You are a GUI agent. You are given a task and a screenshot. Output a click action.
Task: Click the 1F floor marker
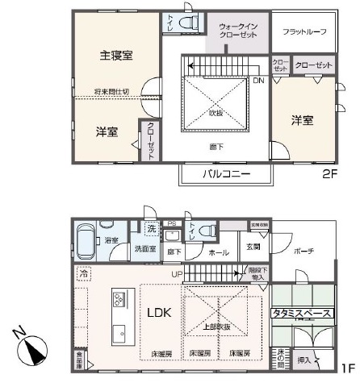coord(346,368)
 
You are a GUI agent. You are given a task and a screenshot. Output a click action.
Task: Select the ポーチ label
coord(303,251)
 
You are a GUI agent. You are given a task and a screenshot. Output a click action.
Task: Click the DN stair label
coord(257,81)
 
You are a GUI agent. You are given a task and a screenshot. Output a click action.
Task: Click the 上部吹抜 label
coord(217,326)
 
